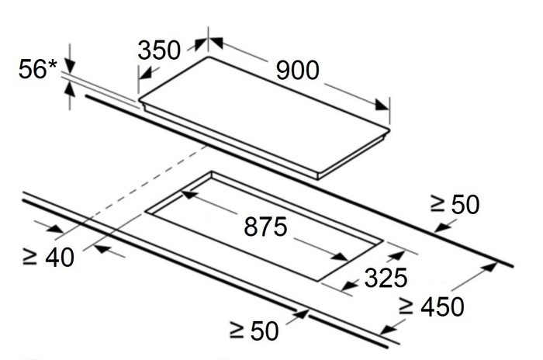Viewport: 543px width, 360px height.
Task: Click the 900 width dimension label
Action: pos(297,71)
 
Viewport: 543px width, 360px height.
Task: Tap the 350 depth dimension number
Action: pos(159,50)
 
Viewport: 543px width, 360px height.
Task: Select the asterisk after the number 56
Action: pos(52,64)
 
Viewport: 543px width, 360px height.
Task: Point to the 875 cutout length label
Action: pos(265,227)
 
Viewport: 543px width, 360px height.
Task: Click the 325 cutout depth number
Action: pos(386,278)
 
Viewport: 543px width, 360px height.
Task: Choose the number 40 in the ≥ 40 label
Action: pos(60,258)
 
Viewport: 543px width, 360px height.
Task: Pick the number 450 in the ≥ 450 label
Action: pos(442,306)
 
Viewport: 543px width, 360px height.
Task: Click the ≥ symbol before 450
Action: pos(406,306)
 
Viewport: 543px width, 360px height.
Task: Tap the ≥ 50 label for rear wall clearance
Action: pos(455,204)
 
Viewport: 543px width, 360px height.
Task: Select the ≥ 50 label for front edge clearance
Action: pos(254,331)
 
